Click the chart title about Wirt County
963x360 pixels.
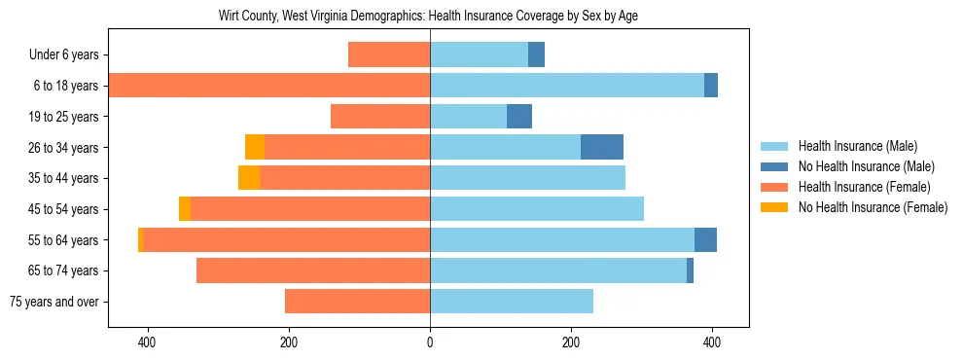pyautogui.click(x=429, y=17)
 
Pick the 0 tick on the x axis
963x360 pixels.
pyautogui.click(x=430, y=342)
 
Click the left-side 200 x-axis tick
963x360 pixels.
pyautogui.click(x=289, y=342)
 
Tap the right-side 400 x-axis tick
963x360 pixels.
pyautogui.click(x=711, y=342)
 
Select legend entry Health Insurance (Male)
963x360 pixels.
pyautogui.click(x=857, y=146)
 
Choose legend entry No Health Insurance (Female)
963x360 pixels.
pyautogui.click(x=873, y=207)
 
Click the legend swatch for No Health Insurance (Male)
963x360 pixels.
pyautogui.click(x=774, y=166)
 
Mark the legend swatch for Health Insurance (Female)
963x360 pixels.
pyautogui.click(x=774, y=187)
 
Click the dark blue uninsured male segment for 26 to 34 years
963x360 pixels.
pyautogui.click(x=602, y=147)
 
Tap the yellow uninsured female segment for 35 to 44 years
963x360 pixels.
pyautogui.click(x=249, y=178)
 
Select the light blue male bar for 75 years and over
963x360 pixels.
pyautogui.click(x=512, y=302)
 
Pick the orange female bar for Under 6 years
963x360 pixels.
pyautogui.click(x=389, y=55)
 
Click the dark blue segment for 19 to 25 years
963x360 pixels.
pyautogui.click(x=519, y=117)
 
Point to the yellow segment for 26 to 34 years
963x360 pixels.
pyautogui.click(x=255, y=147)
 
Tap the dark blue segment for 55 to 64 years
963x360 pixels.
pyautogui.click(x=705, y=239)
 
